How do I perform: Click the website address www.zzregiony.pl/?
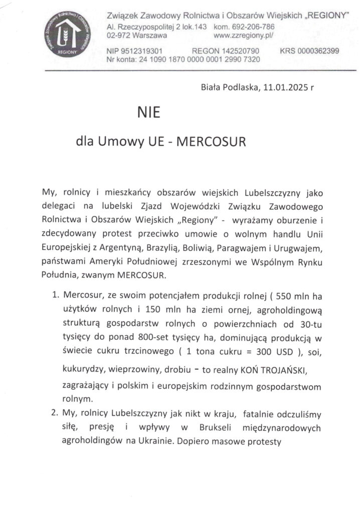243,36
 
